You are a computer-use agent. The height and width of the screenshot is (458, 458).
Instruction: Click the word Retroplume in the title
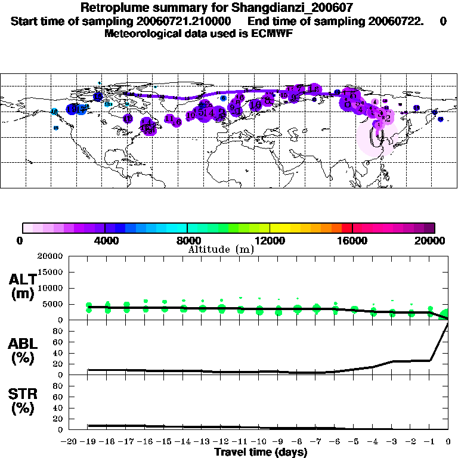(x=113, y=8)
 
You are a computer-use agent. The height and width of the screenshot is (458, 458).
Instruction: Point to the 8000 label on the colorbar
(x=187, y=241)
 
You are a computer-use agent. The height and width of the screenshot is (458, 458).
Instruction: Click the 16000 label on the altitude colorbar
(x=353, y=241)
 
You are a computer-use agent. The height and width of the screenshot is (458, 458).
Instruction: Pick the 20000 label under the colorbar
(x=434, y=241)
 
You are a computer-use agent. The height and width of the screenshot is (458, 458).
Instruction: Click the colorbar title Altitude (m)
(x=221, y=249)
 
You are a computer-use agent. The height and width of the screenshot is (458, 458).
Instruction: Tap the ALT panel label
(x=22, y=280)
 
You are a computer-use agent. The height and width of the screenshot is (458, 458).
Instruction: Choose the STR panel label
(x=22, y=394)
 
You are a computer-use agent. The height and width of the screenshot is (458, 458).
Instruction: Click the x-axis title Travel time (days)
(x=261, y=453)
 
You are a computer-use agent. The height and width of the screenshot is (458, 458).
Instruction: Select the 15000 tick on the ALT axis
(x=49, y=272)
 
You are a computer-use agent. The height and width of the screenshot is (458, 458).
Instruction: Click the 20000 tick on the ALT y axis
(x=49, y=256)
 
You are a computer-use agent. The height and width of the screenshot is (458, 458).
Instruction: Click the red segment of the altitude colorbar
(x=346, y=228)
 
